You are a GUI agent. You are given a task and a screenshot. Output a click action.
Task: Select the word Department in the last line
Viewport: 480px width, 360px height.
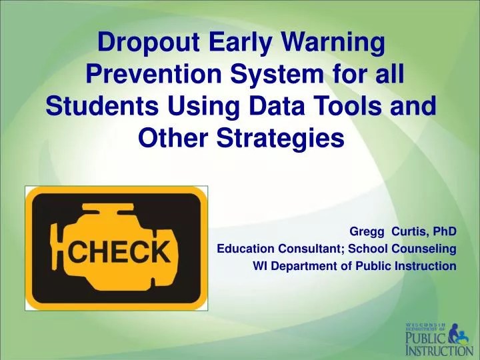(x=300, y=266)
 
